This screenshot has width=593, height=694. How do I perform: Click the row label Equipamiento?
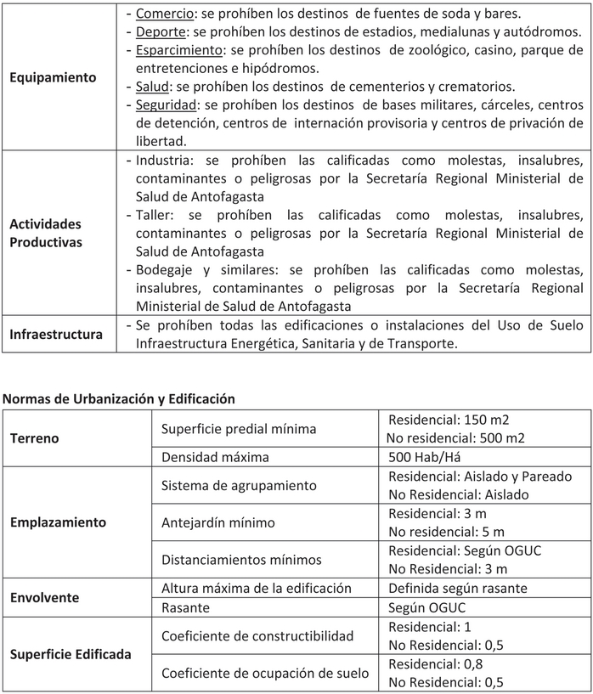(x=53, y=77)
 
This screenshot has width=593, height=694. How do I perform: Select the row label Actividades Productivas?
(x=46, y=233)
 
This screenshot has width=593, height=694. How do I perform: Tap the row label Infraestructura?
(x=56, y=334)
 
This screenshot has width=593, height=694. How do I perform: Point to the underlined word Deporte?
(x=158, y=32)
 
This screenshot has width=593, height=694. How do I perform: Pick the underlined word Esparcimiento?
(x=178, y=50)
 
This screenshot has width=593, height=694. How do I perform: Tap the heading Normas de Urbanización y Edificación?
(x=119, y=398)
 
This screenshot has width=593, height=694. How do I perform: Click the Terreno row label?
(x=33, y=438)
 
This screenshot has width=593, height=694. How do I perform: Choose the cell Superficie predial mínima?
(x=239, y=429)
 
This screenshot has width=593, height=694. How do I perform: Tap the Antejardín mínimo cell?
(x=218, y=522)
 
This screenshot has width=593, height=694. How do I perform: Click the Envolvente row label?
(x=44, y=597)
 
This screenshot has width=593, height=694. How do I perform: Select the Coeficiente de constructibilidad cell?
(x=257, y=635)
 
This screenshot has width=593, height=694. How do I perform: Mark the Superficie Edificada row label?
(x=71, y=654)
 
